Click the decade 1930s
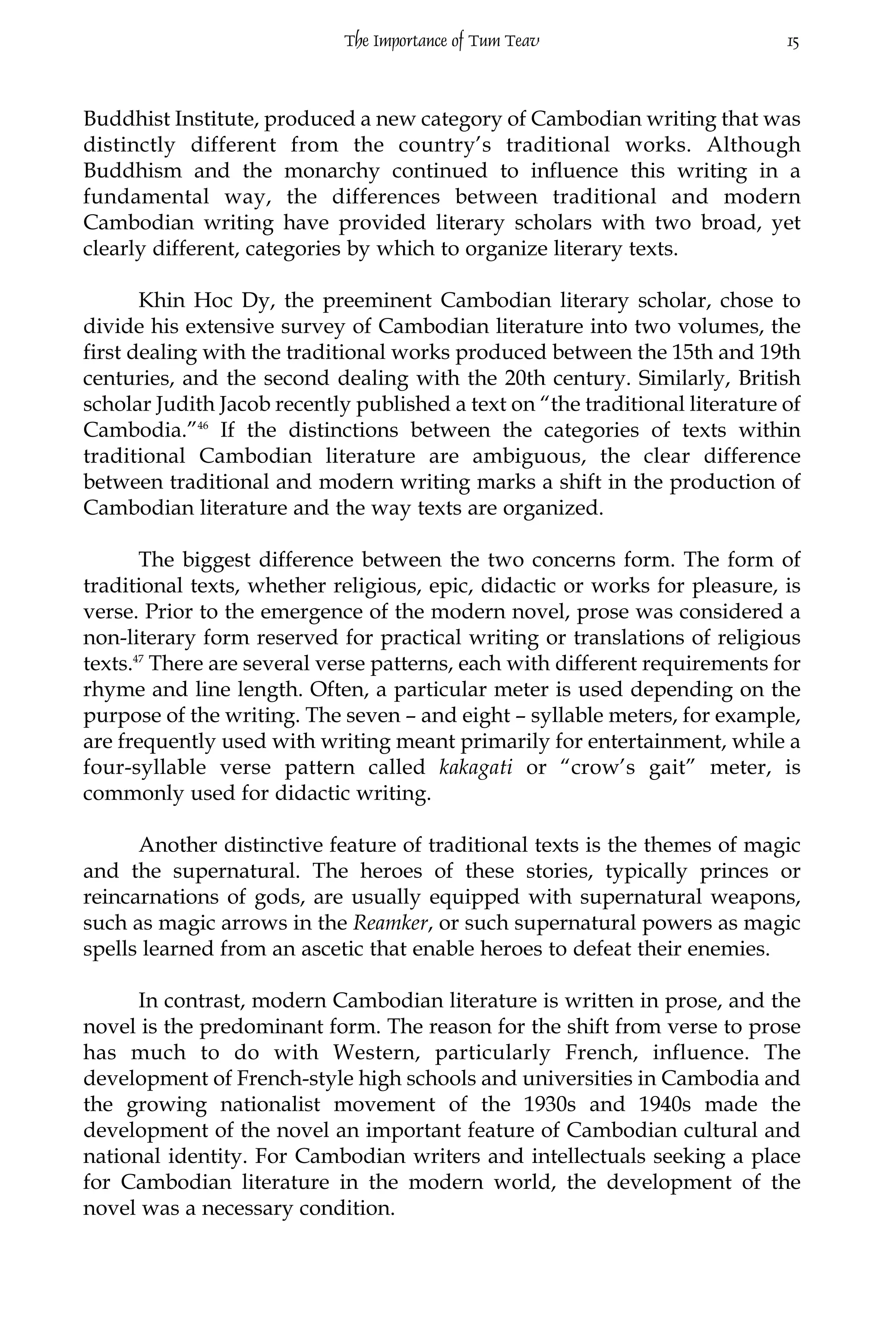point(549,1105)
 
